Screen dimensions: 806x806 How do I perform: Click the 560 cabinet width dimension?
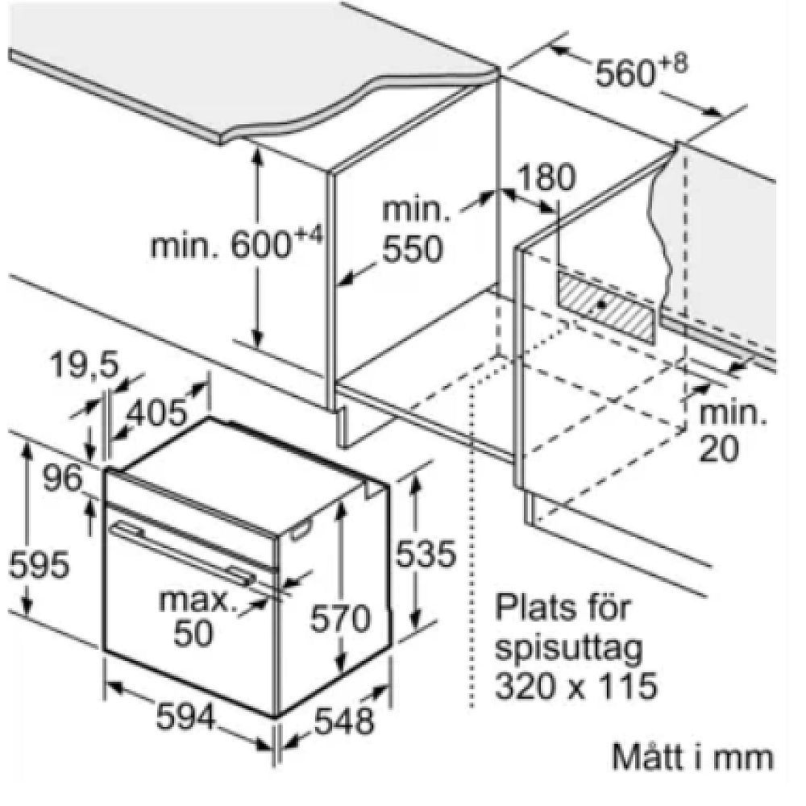click(x=641, y=73)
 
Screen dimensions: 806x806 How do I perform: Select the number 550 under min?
click(x=413, y=249)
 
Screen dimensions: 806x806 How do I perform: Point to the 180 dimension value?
click(x=546, y=177)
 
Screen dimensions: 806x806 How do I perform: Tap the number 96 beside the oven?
click(x=62, y=479)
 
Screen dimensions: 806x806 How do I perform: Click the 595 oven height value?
click(x=39, y=564)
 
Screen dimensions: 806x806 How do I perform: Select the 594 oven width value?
click(x=185, y=717)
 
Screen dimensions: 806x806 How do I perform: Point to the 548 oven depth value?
click(x=344, y=720)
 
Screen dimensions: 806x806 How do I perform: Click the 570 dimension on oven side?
click(x=340, y=618)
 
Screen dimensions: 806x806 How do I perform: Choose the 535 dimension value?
click(x=426, y=554)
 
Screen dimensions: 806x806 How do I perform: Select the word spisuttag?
click(x=569, y=650)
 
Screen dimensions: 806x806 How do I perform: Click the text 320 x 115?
click(x=576, y=684)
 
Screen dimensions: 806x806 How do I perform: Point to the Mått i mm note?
click(x=693, y=757)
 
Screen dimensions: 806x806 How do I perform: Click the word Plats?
click(x=533, y=607)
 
